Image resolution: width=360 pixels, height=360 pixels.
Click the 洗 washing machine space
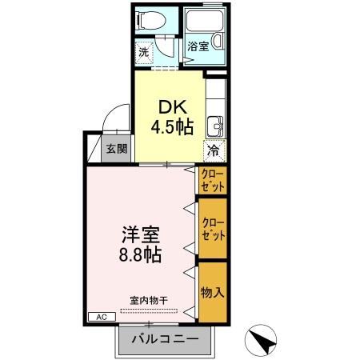(143, 52)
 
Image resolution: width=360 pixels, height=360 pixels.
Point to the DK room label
(168, 106)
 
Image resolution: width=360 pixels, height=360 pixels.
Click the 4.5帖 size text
(169, 126)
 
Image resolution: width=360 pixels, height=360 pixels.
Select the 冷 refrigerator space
(214, 150)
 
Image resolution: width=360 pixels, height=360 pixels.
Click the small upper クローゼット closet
(213, 179)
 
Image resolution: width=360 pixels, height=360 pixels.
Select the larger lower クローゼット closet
(213, 229)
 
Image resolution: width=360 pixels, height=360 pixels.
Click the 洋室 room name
(141, 236)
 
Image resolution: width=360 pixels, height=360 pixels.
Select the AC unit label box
(102, 317)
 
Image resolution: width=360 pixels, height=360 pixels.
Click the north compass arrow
(261, 339)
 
